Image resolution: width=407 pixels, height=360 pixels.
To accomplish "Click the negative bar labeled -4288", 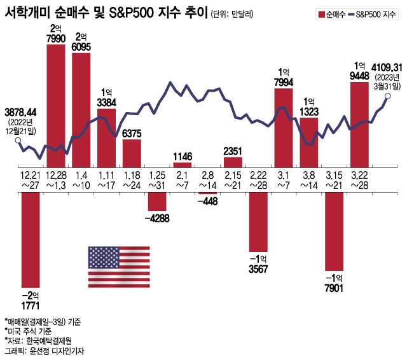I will coord(157,200).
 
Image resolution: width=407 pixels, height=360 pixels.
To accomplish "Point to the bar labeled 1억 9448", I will coord(359,124).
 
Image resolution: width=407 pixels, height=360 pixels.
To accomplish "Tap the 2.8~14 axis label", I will coord(208,180).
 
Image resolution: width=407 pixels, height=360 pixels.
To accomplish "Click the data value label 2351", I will coord(233,150).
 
